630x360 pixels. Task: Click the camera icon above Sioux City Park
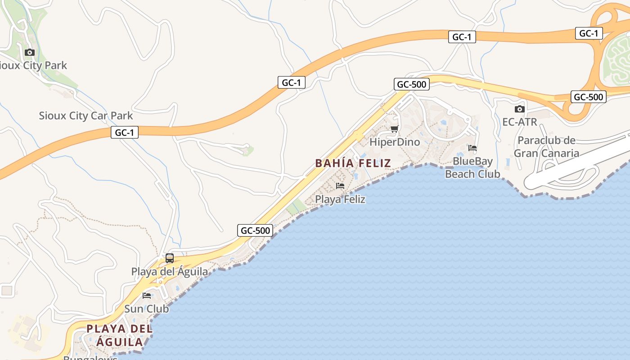[30, 52]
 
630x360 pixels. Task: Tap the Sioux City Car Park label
[86, 116]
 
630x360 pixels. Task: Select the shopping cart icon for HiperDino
[395, 129]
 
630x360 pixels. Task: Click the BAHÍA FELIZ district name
[353, 163]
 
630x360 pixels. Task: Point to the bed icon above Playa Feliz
[340, 185]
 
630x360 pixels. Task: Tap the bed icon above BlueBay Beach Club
[472, 148]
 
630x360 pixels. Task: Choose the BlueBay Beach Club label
[472, 167]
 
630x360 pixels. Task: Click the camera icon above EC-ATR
[520, 109]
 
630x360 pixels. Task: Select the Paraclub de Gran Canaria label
[546, 147]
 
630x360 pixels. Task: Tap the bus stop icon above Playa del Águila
[170, 258]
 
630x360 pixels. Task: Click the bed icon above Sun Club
[147, 296]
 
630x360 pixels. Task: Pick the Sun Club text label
[147, 309]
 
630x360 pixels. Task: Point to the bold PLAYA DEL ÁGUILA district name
[120, 336]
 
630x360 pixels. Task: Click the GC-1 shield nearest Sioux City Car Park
[125, 132]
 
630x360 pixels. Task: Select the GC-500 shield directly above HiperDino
[411, 84]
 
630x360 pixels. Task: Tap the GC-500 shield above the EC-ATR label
[588, 97]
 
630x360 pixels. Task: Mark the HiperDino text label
[395, 142]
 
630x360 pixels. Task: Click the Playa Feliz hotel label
[340, 199]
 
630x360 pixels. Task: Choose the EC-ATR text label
[520, 122]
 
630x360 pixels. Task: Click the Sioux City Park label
[33, 65]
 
